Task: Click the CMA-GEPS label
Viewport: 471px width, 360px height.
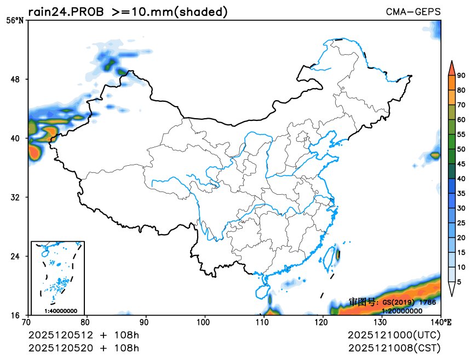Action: (x=413, y=11)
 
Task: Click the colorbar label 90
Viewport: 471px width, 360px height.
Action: (x=461, y=76)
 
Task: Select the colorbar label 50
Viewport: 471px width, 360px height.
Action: (x=461, y=149)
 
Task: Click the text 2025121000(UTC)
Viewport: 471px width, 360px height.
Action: (x=394, y=335)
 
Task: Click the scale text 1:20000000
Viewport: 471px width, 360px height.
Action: (x=401, y=311)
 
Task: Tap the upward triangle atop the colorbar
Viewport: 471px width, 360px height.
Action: (x=452, y=67)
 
